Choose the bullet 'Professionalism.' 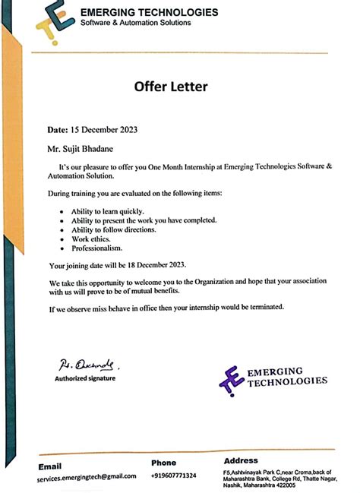pos(97,248)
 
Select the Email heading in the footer pos(51,466)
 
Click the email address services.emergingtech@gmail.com pos(87,476)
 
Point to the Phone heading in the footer pos(163,463)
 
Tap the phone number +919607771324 pos(173,476)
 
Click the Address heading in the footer pos(241,461)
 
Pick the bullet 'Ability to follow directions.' pos(114,229)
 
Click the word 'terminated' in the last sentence pos(264,308)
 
